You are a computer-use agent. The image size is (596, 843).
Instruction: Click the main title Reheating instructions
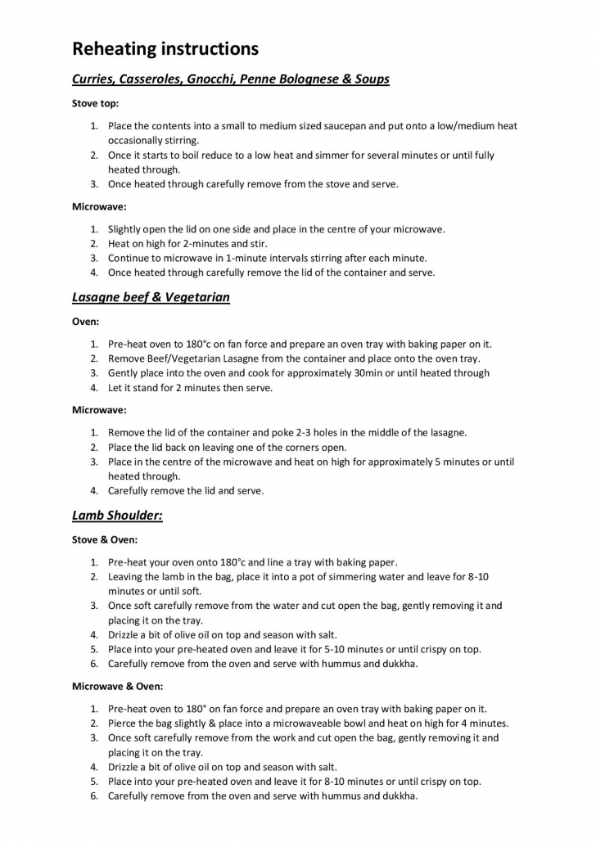tap(165, 49)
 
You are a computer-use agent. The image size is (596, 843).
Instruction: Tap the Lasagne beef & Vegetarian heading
tap(151, 298)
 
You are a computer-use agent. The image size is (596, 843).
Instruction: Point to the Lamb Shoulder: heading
tap(117, 516)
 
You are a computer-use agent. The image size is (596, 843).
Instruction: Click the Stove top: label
tap(95, 104)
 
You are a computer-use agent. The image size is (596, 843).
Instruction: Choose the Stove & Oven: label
tap(105, 540)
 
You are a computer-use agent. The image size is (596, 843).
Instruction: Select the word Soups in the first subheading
tap(371, 79)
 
